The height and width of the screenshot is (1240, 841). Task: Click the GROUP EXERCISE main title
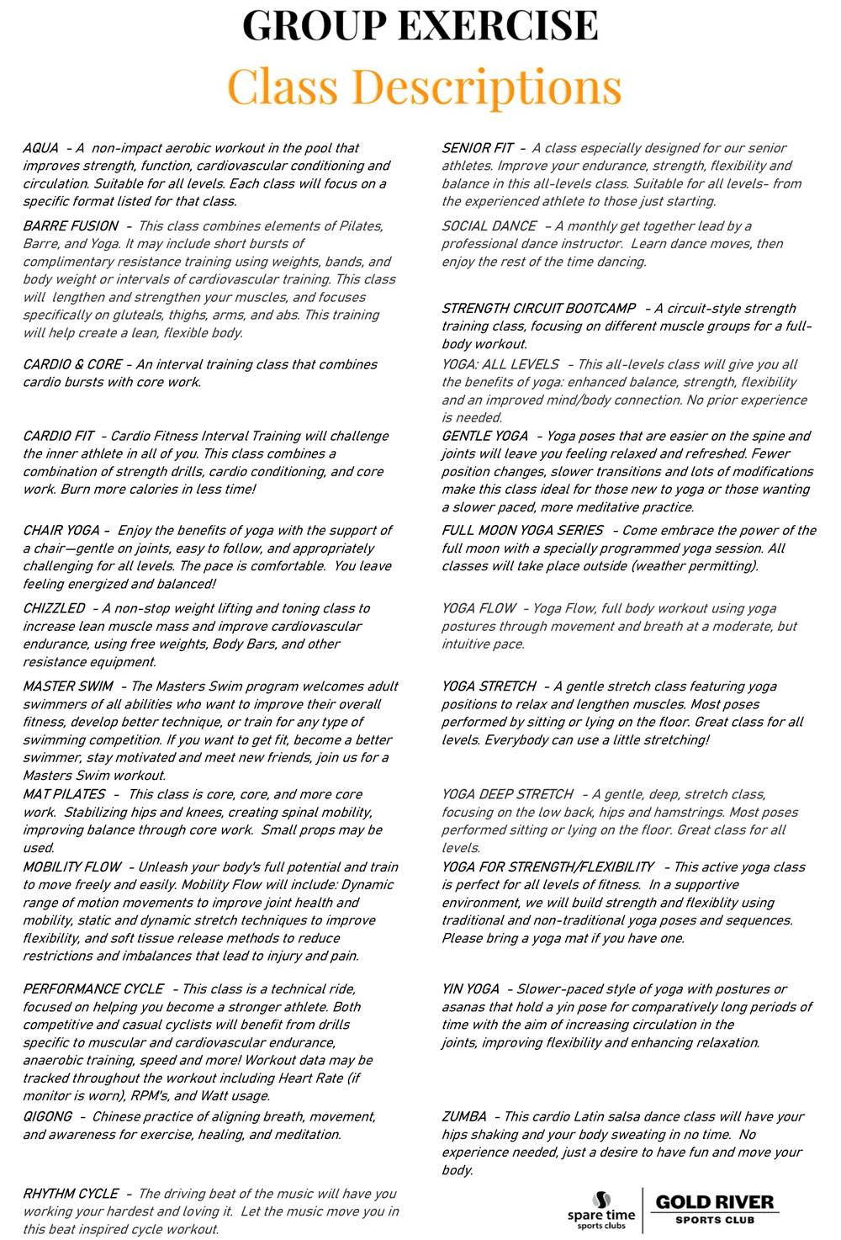pyautogui.click(x=420, y=25)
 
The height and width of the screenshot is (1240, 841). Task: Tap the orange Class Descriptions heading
pyautogui.click(x=424, y=87)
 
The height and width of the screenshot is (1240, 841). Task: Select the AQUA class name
pyautogui.click(x=41, y=148)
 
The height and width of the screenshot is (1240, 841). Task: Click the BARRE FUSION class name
pyautogui.click(x=71, y=226)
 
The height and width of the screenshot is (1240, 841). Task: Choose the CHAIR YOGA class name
pyautogui.click(x=61, y=530)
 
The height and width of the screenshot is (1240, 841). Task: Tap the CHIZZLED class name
pyautogui.click(x=54, y=608)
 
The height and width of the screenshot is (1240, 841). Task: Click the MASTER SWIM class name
pyautogui.click(x=68, y=686)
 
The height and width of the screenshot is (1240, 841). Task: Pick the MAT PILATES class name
pyautogui.click(x=64, y=794)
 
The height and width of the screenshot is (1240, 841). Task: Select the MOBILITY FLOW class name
pyautogui.click(x=72, y=866)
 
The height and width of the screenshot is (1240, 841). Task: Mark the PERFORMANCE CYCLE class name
pyautogui.click(x=93, y=989)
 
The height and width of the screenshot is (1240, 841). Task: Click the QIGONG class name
pyautogui.click(x=48, y=1116)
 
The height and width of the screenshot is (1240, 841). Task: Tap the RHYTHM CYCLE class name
pyautogui.click(x=71, y=1194)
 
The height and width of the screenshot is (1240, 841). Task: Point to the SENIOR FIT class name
pyautogui.click(x=478, y=148)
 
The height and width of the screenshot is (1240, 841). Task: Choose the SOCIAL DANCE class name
pyautogui.click(x=489, y=226)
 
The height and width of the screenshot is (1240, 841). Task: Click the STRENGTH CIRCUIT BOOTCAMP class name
pyautogui.click(x=539, y=309)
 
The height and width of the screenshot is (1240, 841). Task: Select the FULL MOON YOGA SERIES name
pyautogui.click(x=523, y=530)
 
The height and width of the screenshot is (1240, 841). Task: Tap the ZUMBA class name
pyautogui.click(x=464, y=1116)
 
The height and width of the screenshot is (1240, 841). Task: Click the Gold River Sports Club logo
pyautogui.click(x=716, y=1209)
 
